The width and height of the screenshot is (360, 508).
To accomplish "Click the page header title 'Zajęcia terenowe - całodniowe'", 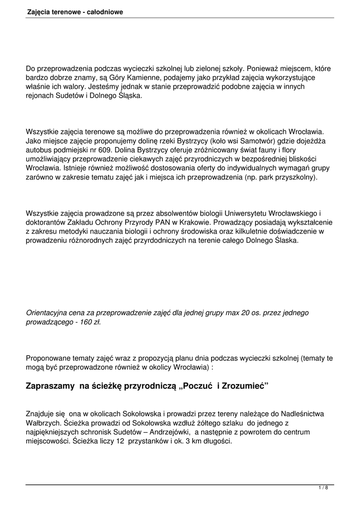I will coord(75,11).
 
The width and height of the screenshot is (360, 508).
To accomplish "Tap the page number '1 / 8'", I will coord(323,488).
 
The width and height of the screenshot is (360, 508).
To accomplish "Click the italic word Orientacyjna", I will coord(49,313).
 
